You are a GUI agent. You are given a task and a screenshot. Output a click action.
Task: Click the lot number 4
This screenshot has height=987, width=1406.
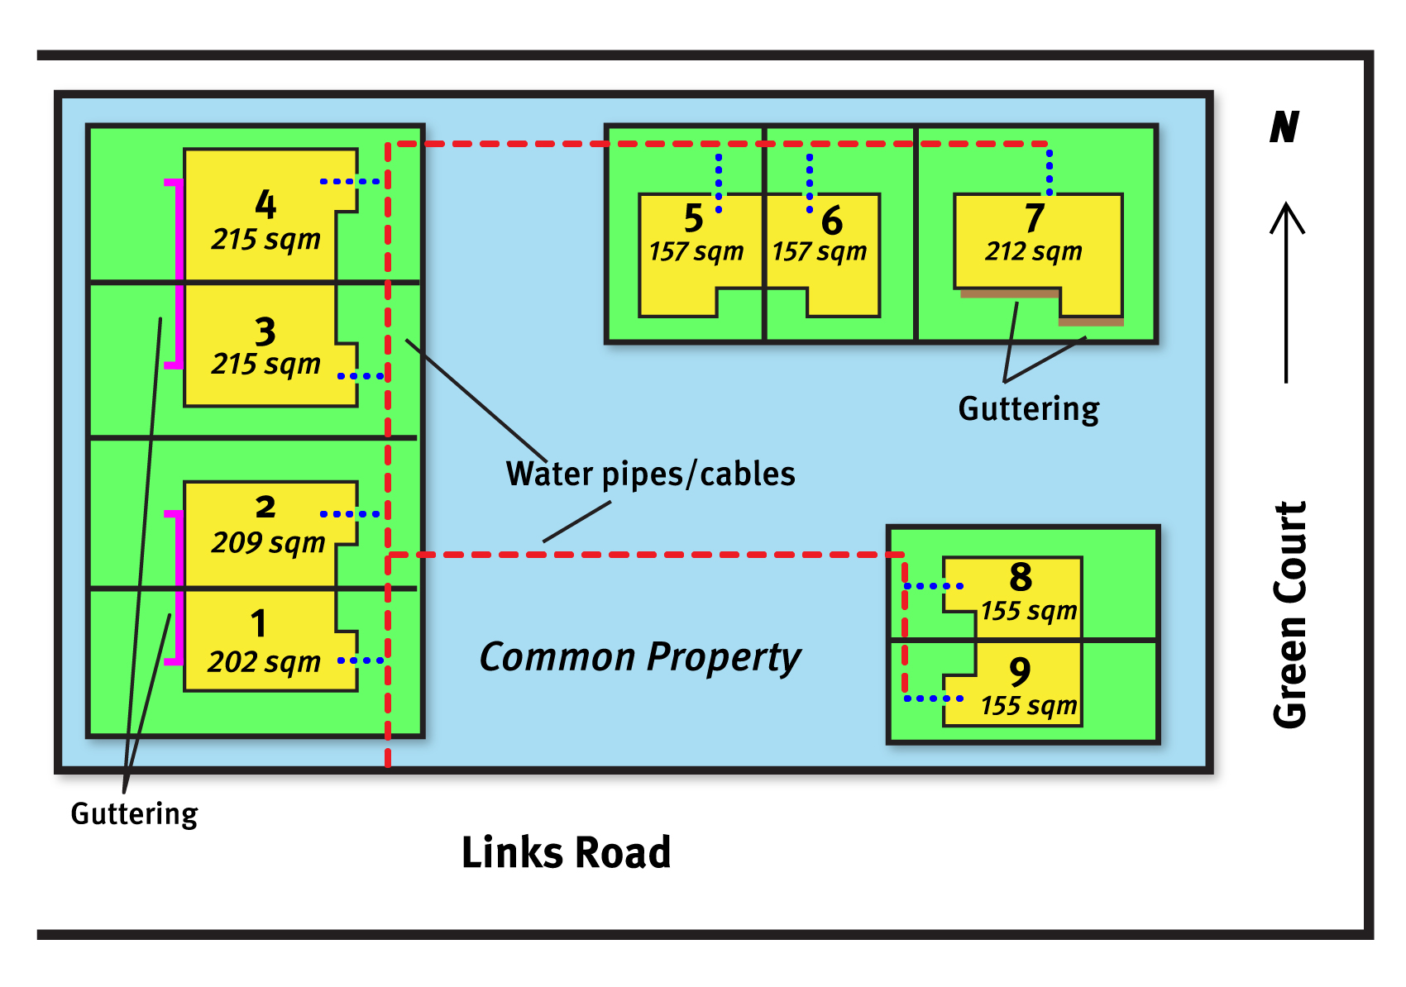265,204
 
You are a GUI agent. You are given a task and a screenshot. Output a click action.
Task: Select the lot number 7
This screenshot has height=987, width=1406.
1034,218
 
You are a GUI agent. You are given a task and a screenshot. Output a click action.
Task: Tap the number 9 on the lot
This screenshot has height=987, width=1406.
1020,671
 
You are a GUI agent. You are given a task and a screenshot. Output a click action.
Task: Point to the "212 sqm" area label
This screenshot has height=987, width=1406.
1033,251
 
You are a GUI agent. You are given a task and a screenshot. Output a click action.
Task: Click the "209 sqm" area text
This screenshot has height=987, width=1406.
268,543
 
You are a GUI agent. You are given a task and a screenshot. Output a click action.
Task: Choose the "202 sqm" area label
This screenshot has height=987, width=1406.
264,662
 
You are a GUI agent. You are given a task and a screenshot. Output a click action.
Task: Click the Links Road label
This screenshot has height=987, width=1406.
566,852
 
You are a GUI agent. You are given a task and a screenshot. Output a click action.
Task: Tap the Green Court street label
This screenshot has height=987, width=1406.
1289,615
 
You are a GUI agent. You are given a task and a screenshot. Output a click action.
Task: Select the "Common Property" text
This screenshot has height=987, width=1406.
639,658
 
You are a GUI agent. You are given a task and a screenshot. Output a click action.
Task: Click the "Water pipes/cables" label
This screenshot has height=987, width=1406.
650,474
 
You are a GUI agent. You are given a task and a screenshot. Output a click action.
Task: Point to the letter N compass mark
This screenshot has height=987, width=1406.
1284,127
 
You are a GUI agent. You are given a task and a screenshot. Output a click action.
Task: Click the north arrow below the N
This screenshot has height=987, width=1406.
1286,293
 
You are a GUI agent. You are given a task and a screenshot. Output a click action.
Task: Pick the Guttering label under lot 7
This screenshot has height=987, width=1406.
1028,409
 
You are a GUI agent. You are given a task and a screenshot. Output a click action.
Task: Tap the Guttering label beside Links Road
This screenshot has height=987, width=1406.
134,814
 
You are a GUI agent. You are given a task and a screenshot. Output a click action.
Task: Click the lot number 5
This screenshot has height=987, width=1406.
694,219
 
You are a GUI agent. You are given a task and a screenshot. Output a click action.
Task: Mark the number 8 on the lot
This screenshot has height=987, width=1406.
1021,577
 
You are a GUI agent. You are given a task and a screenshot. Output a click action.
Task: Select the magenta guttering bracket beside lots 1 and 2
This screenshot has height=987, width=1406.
177,588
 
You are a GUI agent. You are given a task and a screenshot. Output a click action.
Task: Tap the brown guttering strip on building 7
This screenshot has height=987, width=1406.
1009,293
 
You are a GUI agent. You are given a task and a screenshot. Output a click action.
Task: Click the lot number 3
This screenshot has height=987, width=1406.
265,332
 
